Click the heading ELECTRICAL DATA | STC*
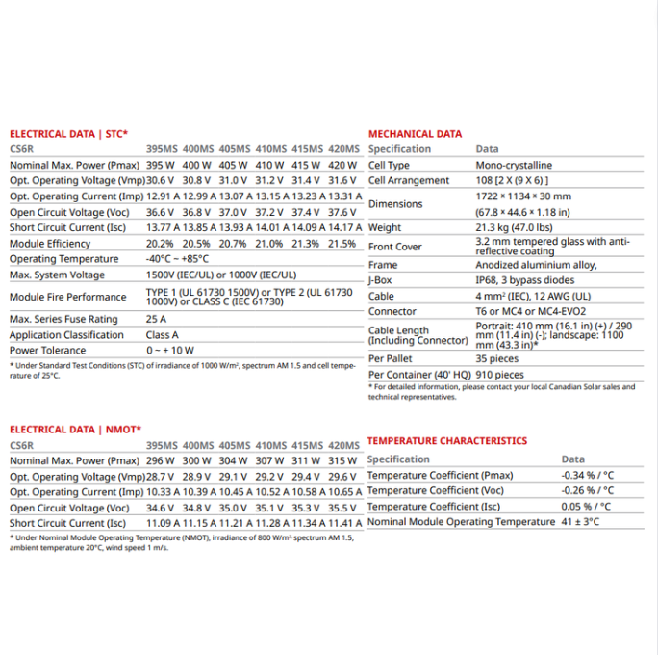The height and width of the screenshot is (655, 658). click(68, 134)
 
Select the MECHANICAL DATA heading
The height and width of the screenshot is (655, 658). click(415, 134)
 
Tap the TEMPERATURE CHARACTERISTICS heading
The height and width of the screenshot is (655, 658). click(447, 441)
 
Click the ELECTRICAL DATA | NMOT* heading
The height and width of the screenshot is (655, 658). click(75, 430)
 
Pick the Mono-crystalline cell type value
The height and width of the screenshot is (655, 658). click(514, 165)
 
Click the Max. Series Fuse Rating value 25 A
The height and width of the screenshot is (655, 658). click(156, 319)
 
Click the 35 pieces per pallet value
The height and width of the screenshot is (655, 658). click(497, 358)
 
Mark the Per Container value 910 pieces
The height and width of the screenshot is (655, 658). click(500, 374)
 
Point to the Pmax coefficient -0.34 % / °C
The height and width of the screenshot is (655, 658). click(588, 475)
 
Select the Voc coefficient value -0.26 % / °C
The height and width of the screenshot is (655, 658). click(588, 490)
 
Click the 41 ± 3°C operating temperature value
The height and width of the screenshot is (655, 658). click(580, 521)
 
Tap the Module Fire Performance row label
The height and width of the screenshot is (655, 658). click(67, 297)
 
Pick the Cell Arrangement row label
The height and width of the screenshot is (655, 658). click(409, 180)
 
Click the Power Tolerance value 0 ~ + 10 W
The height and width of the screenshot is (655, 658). click(170, 350)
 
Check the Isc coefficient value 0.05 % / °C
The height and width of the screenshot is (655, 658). click(587, 506)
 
